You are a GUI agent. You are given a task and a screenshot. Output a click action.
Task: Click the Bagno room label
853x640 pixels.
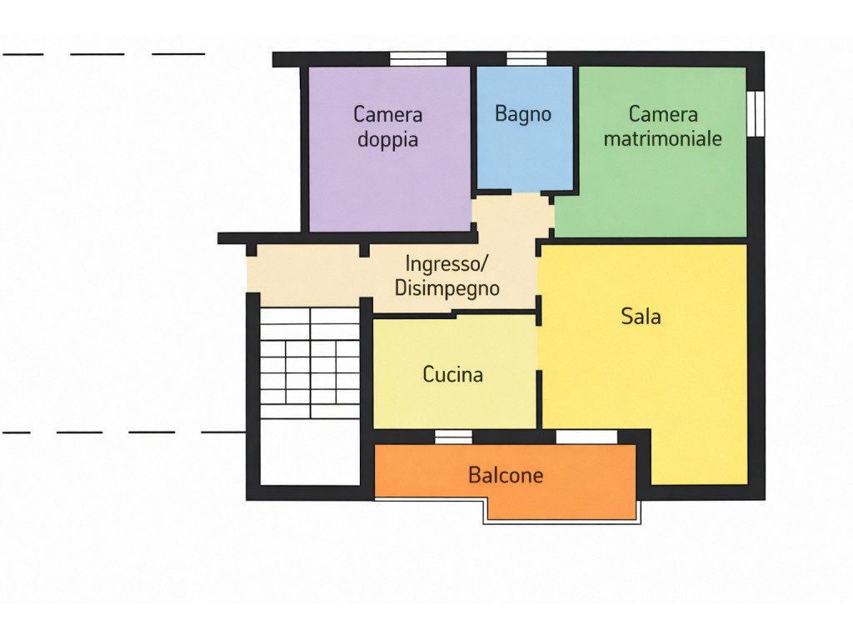(523, 113)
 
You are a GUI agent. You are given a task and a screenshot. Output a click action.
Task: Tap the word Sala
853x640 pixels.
(641, 316)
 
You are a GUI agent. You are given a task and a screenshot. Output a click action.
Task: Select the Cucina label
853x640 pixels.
(452, 374)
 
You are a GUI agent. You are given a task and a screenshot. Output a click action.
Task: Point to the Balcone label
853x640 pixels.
(506, 475)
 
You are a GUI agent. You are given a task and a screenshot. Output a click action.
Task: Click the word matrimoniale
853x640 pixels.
(662, 138)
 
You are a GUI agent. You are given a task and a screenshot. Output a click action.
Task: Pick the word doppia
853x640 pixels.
(388, 140)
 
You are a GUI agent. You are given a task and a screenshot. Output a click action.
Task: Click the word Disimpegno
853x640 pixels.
(446, 288)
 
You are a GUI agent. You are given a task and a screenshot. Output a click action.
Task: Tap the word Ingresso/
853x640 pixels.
(446, 264)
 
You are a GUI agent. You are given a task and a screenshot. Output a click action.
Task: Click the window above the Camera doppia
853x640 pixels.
(418, 59)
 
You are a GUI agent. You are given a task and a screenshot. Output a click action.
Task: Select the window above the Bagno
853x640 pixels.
(526, 59)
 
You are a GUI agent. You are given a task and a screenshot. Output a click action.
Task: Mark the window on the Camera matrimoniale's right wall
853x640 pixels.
(756, 113)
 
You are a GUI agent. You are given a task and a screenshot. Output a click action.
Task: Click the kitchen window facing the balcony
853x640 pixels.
(453, 437)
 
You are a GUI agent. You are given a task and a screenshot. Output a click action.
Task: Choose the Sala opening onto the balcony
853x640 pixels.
(586, 437)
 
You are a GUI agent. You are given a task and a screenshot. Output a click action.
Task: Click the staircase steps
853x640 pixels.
(310, 363)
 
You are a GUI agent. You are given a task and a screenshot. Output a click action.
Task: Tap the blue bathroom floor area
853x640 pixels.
(525, 129)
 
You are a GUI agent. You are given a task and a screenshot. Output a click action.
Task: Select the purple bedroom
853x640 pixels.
(390, 148)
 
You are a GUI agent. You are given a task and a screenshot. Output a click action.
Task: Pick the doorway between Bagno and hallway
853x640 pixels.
(526, 192)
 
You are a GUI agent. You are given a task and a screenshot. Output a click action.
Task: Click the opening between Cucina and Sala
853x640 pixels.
(539, 348)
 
